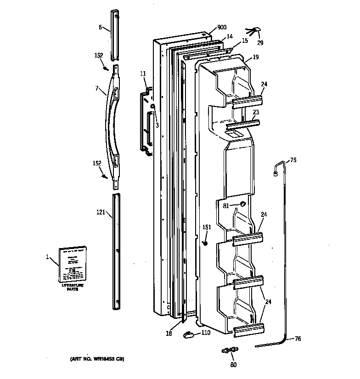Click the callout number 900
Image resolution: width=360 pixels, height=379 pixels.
tap(221, 28)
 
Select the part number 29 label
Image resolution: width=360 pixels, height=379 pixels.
tap(260, 43)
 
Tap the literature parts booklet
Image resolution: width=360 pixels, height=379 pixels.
tap(73, 265)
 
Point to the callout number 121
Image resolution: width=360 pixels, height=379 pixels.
tap(101, 212)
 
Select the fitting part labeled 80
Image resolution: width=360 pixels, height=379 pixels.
tap(229, 351)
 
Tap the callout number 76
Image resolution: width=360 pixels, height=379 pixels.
tap(298, 339)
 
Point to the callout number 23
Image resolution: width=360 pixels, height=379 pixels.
tap(256, 112)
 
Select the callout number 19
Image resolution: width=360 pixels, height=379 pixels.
tap(255, 57)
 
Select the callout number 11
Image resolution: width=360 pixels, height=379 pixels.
tap(143, 74)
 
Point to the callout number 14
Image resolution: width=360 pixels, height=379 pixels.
tap(229, 36)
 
